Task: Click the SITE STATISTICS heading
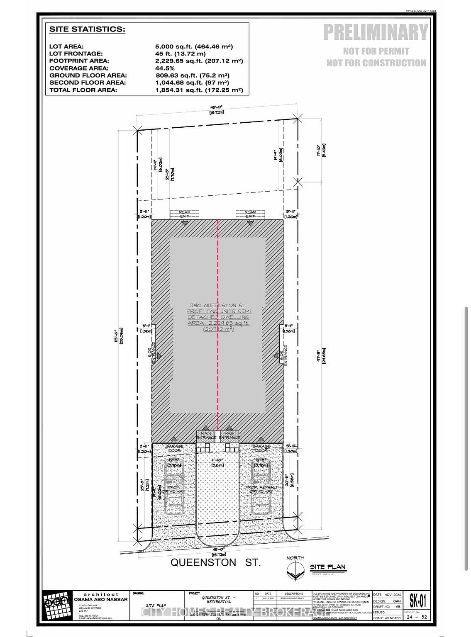click(87, 29)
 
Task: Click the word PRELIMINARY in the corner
click(376, 32)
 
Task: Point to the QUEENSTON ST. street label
click(216, 563)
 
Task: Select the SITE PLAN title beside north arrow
click(328, 567)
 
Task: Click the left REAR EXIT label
click(185, 214)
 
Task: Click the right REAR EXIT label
click(250, 214)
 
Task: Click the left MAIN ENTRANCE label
click(206, 435)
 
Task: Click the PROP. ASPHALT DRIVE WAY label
click(262, 489)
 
